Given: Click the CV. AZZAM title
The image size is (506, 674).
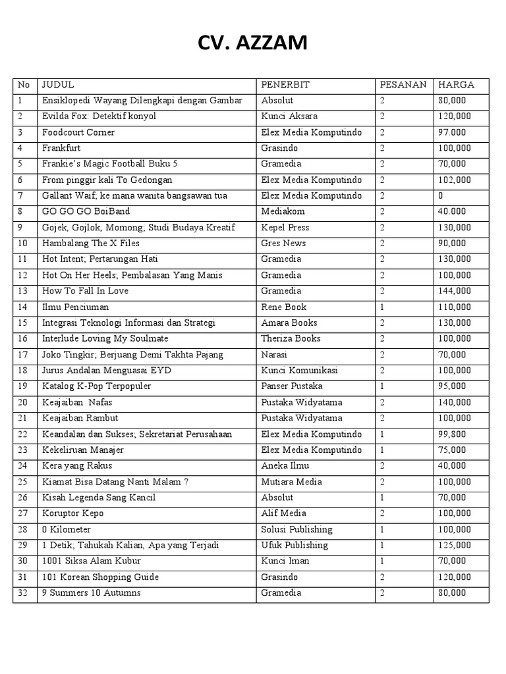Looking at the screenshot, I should (x=252, y=44).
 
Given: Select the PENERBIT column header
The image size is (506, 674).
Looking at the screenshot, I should (x=285, y=85).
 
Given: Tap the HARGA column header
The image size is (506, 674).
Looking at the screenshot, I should (x=456, y=85).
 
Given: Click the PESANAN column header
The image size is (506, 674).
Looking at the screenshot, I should (x=403, y=85).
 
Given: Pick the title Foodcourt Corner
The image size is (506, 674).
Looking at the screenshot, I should (x=78, y=132).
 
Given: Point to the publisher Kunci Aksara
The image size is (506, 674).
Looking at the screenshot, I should (x=289, y=117).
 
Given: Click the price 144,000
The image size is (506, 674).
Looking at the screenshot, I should (x=455, y=291).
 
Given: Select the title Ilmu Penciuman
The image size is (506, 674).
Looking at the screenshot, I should (x=76, y=307).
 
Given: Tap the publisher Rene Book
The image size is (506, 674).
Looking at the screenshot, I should (x=284, y=307).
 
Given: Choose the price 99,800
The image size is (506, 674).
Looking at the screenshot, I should (x=453, y=434).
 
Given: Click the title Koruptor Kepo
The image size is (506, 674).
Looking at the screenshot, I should (x=73, y=513).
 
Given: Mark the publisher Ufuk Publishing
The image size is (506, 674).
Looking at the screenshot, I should (x=294, y=545).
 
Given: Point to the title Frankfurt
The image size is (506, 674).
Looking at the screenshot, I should (x=61, y=148).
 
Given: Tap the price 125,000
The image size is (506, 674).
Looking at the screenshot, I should (x=455, y=545).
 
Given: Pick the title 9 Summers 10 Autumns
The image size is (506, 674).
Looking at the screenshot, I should (x=92, y=593).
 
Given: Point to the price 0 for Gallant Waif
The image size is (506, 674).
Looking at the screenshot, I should (x=440, y=196).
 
